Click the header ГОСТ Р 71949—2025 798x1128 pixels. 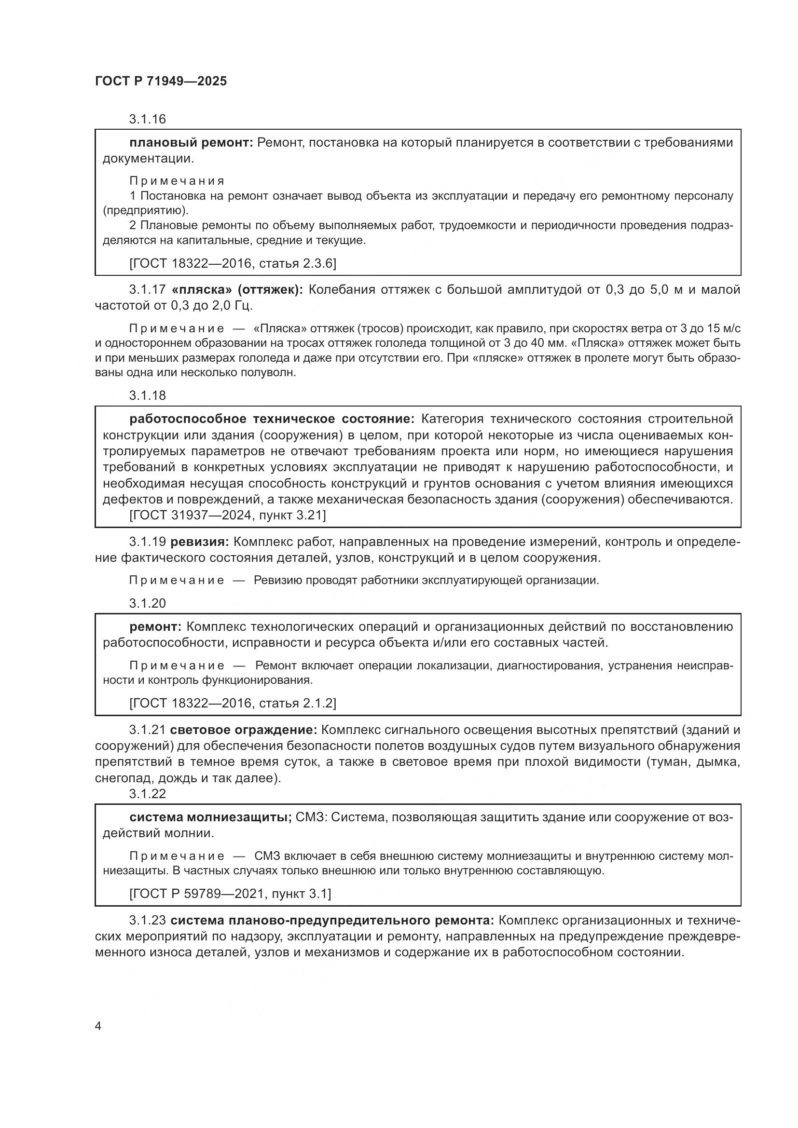(161, 81)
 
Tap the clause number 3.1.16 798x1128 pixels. (148, 119)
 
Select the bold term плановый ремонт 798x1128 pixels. (191, 142)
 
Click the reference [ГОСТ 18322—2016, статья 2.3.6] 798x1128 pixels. (233, 264)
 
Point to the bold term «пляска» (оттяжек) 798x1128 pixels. (237, 289)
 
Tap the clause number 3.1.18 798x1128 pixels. (148, 395)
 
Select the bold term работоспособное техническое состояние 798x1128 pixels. (272, 419)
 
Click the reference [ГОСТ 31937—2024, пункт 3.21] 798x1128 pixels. (228, 516)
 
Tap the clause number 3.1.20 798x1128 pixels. (148, 603)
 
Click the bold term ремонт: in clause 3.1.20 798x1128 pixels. (155, 627)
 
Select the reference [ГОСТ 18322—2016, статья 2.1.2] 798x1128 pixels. (233, 704)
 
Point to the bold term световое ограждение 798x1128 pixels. (244, 730)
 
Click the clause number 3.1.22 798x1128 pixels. (148, 793)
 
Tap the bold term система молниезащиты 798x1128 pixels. (210, 817)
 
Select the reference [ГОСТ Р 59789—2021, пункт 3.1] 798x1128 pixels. (230, 894)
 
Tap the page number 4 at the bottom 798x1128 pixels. (98, 1026)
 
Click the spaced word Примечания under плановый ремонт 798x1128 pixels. (177, 181)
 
